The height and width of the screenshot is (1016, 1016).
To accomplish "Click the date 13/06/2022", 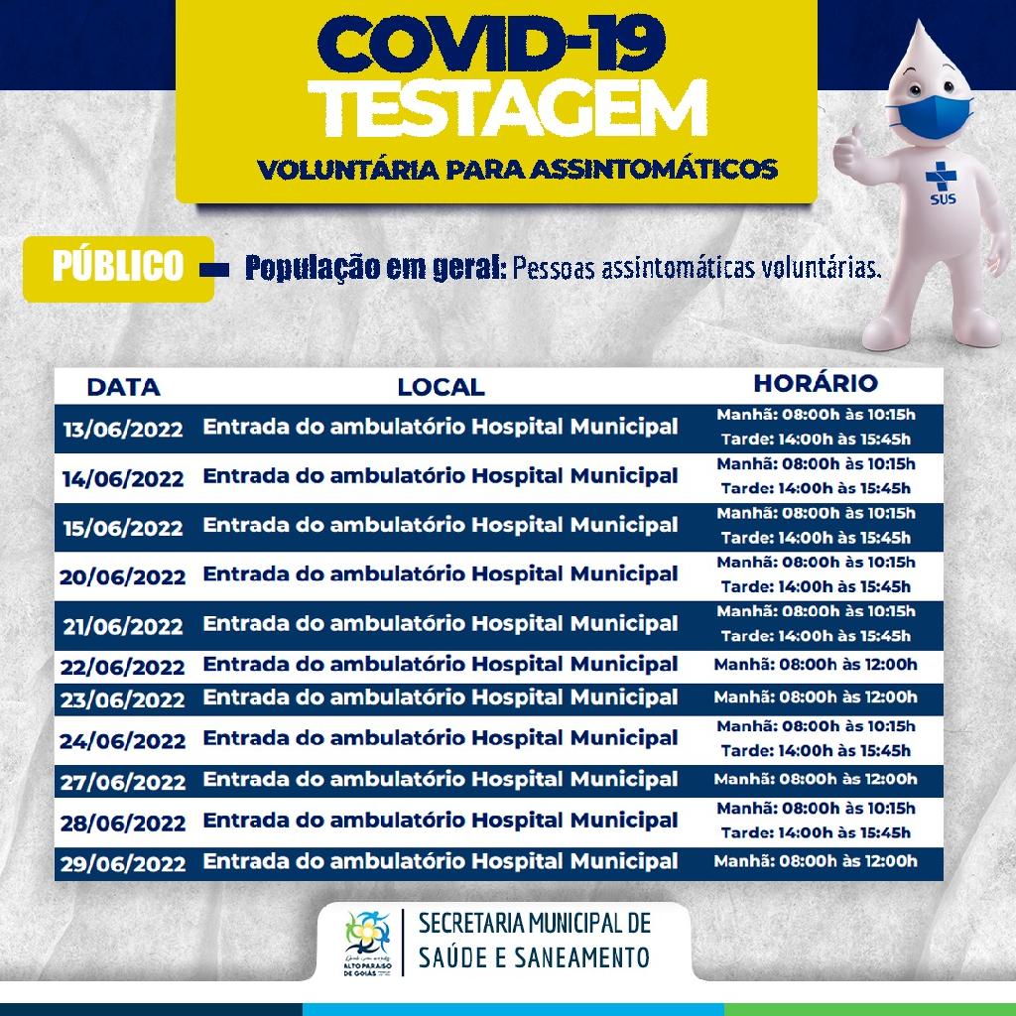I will tap(123, 430).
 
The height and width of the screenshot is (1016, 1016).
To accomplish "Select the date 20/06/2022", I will tap(123, 576).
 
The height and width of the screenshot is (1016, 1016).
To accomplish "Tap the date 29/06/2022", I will tap(123, 863).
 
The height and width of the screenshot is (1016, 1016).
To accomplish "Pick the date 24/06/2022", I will tap(123, 740).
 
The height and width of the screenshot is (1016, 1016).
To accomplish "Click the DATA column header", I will tap(123, 386).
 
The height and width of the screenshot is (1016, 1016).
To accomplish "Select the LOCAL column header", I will tap(441, 386).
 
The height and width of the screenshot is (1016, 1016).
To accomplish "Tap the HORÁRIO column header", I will tap(815, 383).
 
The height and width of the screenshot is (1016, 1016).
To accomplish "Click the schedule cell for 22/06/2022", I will tap(815, 665).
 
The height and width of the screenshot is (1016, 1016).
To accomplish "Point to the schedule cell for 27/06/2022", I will tap(815, 779).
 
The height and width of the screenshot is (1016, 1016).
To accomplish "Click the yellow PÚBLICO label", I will tap(119, 267).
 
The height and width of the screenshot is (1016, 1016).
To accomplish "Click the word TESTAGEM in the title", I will tap(516, 111).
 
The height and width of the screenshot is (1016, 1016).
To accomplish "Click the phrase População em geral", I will tap(376, 268).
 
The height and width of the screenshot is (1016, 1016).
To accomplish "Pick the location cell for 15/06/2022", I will tap(441, 524).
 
